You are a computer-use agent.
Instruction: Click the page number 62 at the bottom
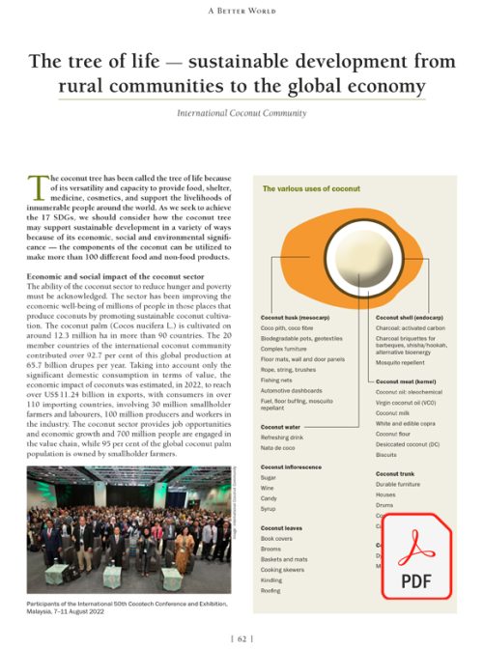click(241, 637)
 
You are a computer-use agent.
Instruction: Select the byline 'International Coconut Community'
click(241, 113)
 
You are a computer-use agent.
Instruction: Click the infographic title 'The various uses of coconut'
click(311, 189)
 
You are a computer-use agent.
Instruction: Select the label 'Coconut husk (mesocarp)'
click(296, 317)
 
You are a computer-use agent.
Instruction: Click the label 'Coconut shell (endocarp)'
click(411, 317)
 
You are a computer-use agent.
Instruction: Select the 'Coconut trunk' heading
click(396, 473)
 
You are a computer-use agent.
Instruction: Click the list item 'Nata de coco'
click(279, 448)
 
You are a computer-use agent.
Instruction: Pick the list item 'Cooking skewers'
click(283, 569)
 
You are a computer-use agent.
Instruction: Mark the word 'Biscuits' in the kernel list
click(386, 454)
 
